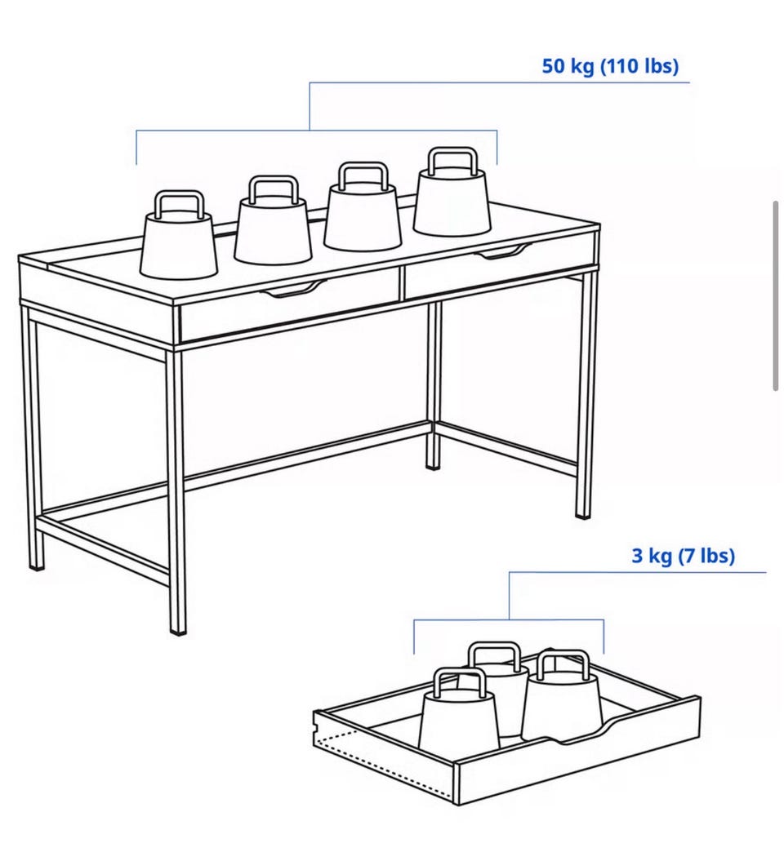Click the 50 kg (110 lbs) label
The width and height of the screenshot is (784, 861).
pos(610,66)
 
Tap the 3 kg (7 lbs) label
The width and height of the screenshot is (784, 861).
pos(683,555)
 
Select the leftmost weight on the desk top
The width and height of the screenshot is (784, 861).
pos(179,236)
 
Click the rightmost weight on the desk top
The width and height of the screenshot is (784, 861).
pos(452,192)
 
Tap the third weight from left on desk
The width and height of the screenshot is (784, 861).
pos(363,206)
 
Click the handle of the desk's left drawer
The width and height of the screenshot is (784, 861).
pos(293,288)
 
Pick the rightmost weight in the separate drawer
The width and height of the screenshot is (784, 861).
pos(562,695)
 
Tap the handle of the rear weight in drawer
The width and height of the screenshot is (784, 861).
pos(494,656)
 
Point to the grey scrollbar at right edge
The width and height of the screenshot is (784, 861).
pos(776,296)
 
